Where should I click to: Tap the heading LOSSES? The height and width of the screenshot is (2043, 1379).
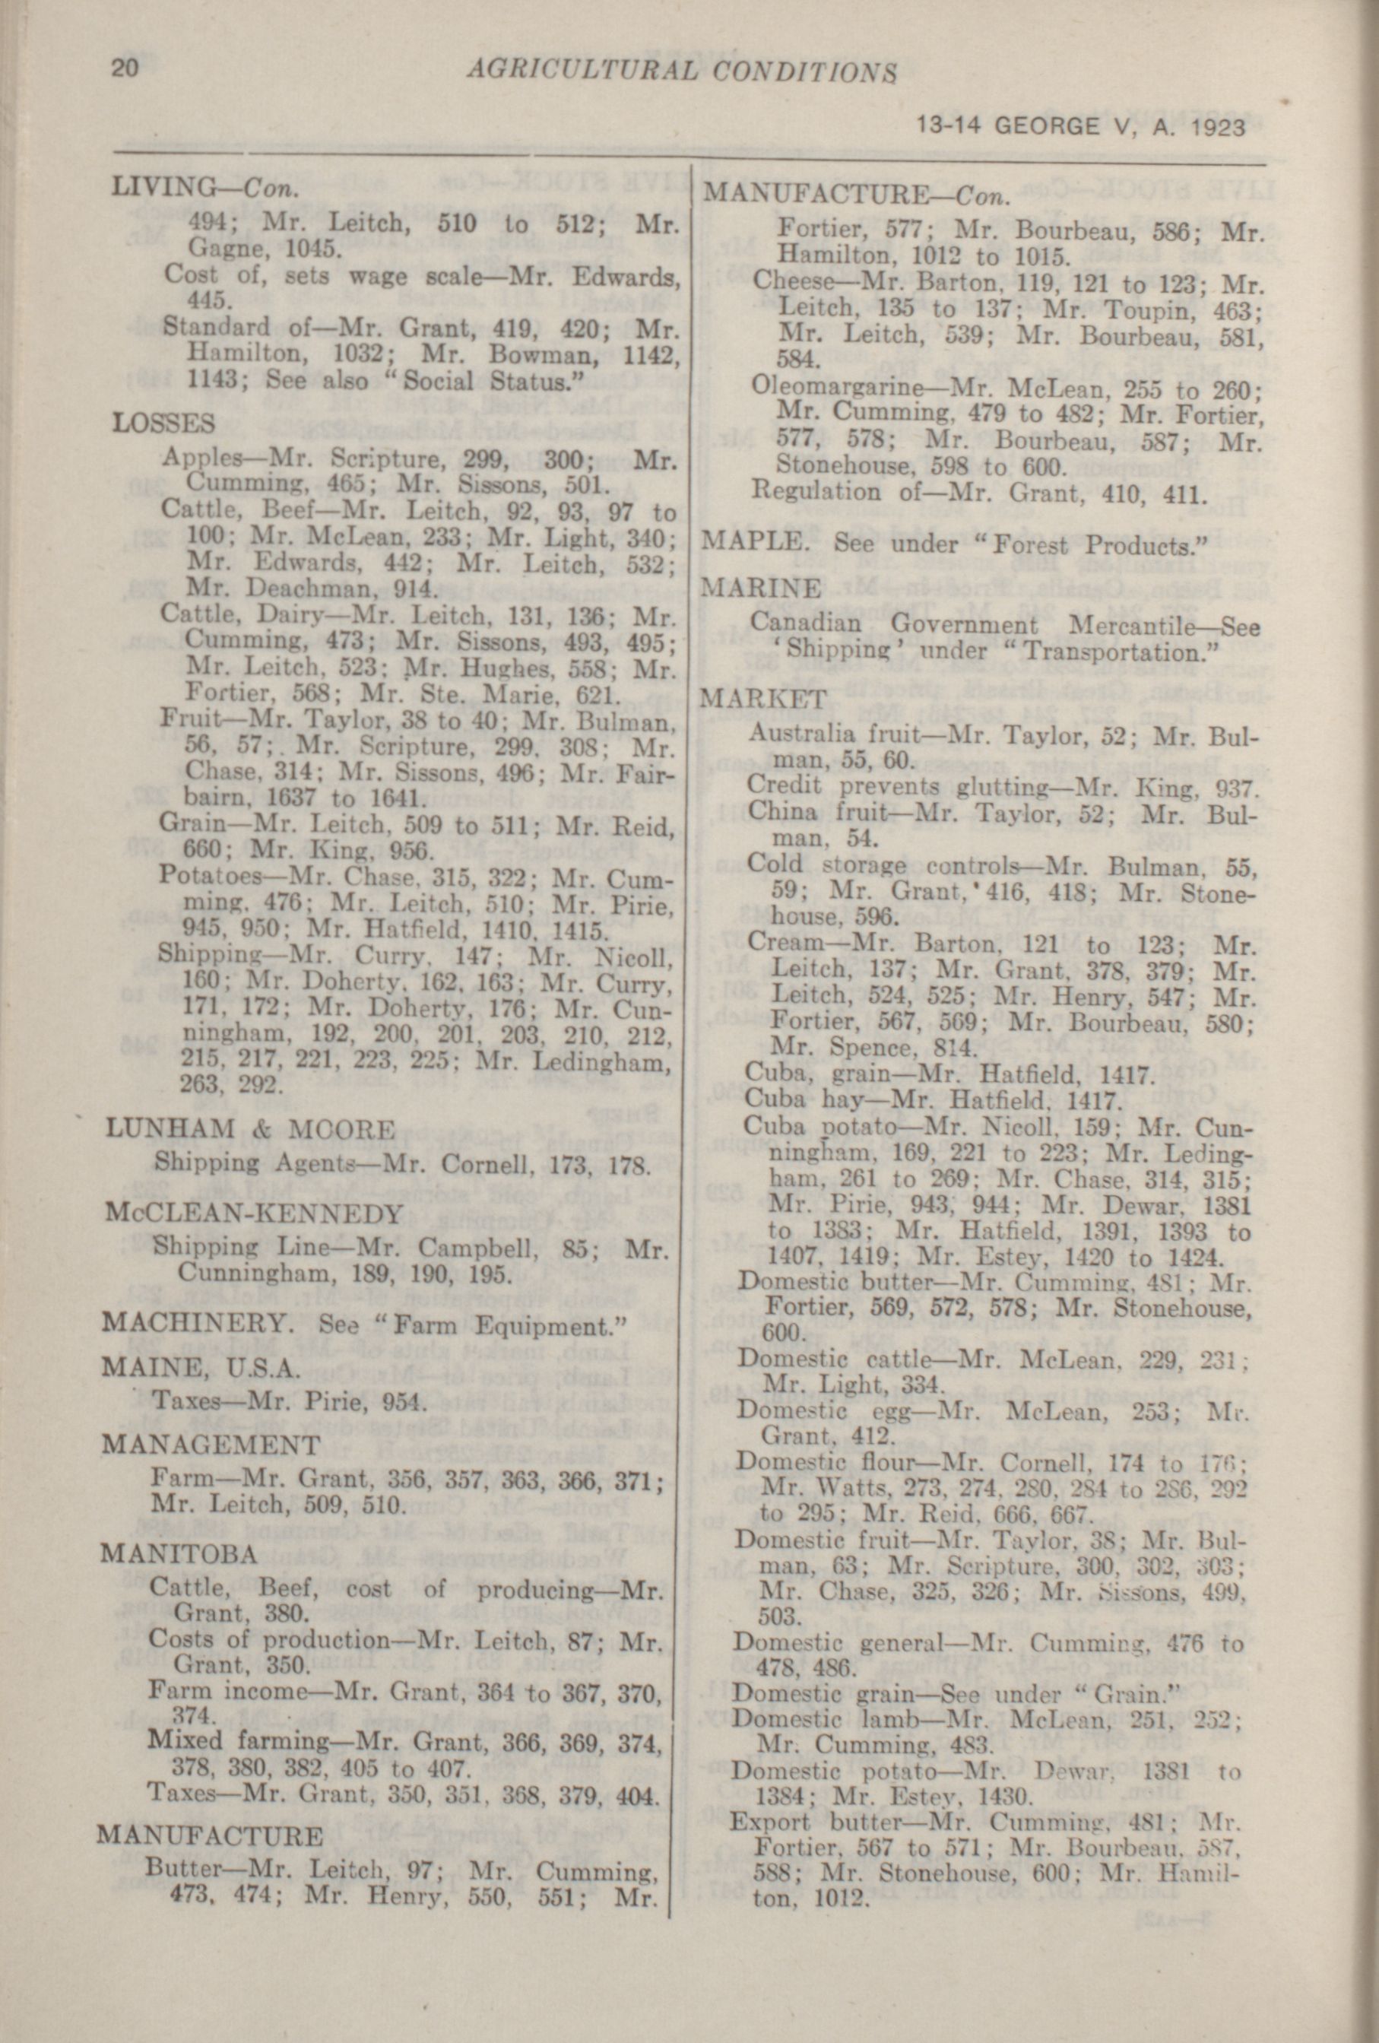coord(163,423)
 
